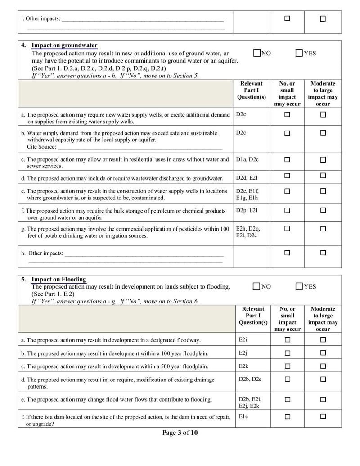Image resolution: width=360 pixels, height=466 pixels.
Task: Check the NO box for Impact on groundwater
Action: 256,53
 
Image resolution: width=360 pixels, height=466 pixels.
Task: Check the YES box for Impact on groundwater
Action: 299,53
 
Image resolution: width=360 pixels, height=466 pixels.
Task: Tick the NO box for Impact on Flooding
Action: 256,286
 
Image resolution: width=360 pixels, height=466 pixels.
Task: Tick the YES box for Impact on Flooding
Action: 299,286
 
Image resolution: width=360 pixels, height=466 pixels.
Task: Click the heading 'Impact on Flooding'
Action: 58,280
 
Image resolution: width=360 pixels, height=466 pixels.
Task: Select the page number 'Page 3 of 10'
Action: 180,433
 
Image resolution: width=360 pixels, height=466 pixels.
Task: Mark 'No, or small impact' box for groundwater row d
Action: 287,176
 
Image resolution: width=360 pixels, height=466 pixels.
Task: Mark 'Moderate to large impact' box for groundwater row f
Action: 323,210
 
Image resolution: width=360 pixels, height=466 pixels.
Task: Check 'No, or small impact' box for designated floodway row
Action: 287,340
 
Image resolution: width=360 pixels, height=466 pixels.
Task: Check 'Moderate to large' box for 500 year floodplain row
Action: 323,366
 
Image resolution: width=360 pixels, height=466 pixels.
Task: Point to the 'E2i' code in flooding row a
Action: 243,340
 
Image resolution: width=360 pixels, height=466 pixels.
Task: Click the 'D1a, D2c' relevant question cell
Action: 247,159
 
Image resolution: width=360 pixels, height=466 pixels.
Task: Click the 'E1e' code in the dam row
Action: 243,417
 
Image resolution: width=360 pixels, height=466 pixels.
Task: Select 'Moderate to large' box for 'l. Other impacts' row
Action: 323,18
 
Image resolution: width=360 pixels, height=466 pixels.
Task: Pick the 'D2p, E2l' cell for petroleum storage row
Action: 247,210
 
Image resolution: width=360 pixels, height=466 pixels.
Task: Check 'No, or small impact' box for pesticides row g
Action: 287,229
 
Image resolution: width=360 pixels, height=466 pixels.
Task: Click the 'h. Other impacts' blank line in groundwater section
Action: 144,253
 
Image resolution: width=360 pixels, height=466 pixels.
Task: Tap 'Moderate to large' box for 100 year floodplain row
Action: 323,353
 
